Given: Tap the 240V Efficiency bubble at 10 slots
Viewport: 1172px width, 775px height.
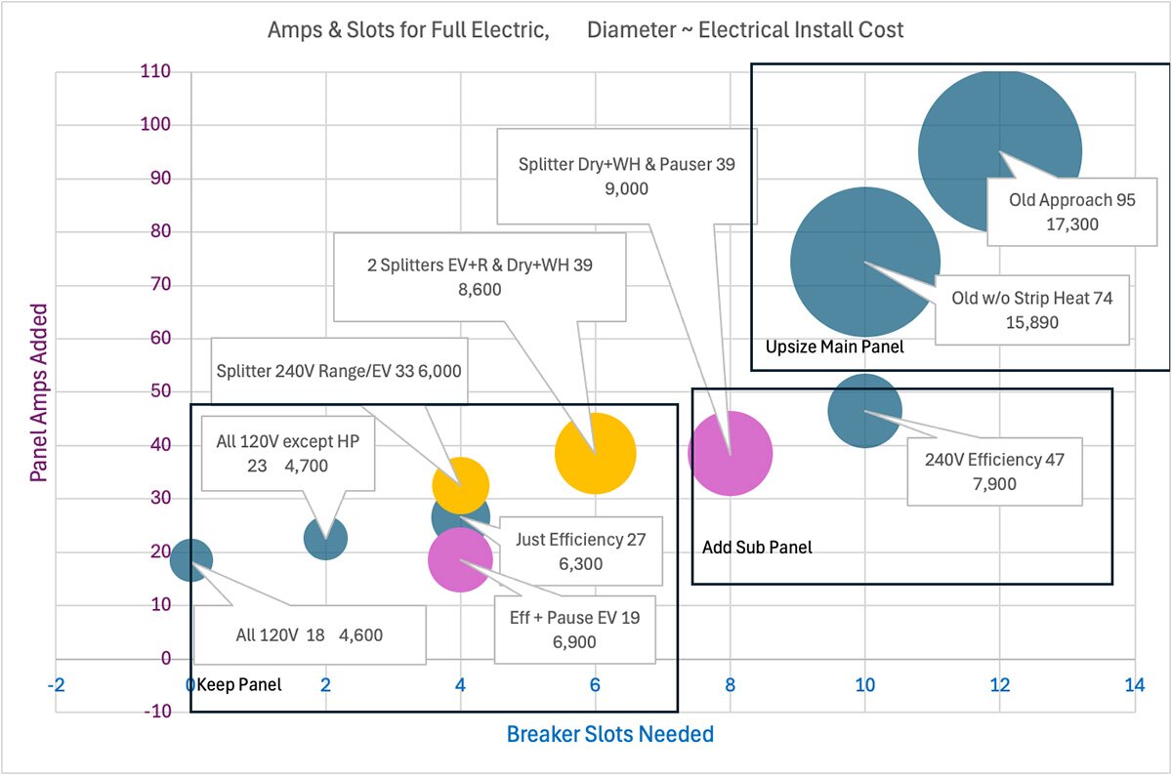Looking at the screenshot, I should point(864,411).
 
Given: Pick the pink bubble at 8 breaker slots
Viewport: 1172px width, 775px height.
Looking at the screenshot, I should point(731,453).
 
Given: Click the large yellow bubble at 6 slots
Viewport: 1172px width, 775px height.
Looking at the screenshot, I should point(596,453).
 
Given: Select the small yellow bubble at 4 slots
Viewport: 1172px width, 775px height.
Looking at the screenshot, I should point(461,485).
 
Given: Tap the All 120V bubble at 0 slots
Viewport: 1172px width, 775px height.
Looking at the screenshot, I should point(191,559).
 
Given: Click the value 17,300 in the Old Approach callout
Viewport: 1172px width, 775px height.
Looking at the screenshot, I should point(1071,224).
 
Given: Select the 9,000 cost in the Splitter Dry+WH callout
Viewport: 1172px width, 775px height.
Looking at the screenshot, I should point(626,189).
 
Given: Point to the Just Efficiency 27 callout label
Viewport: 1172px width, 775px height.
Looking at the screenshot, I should point(580,539).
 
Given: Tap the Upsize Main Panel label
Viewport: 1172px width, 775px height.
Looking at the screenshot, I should point(834,347).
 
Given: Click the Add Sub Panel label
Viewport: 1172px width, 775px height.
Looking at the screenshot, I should point(757,548).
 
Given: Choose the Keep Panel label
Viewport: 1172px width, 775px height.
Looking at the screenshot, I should point(239,685).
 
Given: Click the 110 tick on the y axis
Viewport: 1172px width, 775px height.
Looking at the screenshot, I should point(154,71).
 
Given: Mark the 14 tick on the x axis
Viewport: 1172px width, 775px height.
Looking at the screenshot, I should point(1134,685).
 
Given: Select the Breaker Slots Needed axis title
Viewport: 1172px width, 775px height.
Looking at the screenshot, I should point(609,734).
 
